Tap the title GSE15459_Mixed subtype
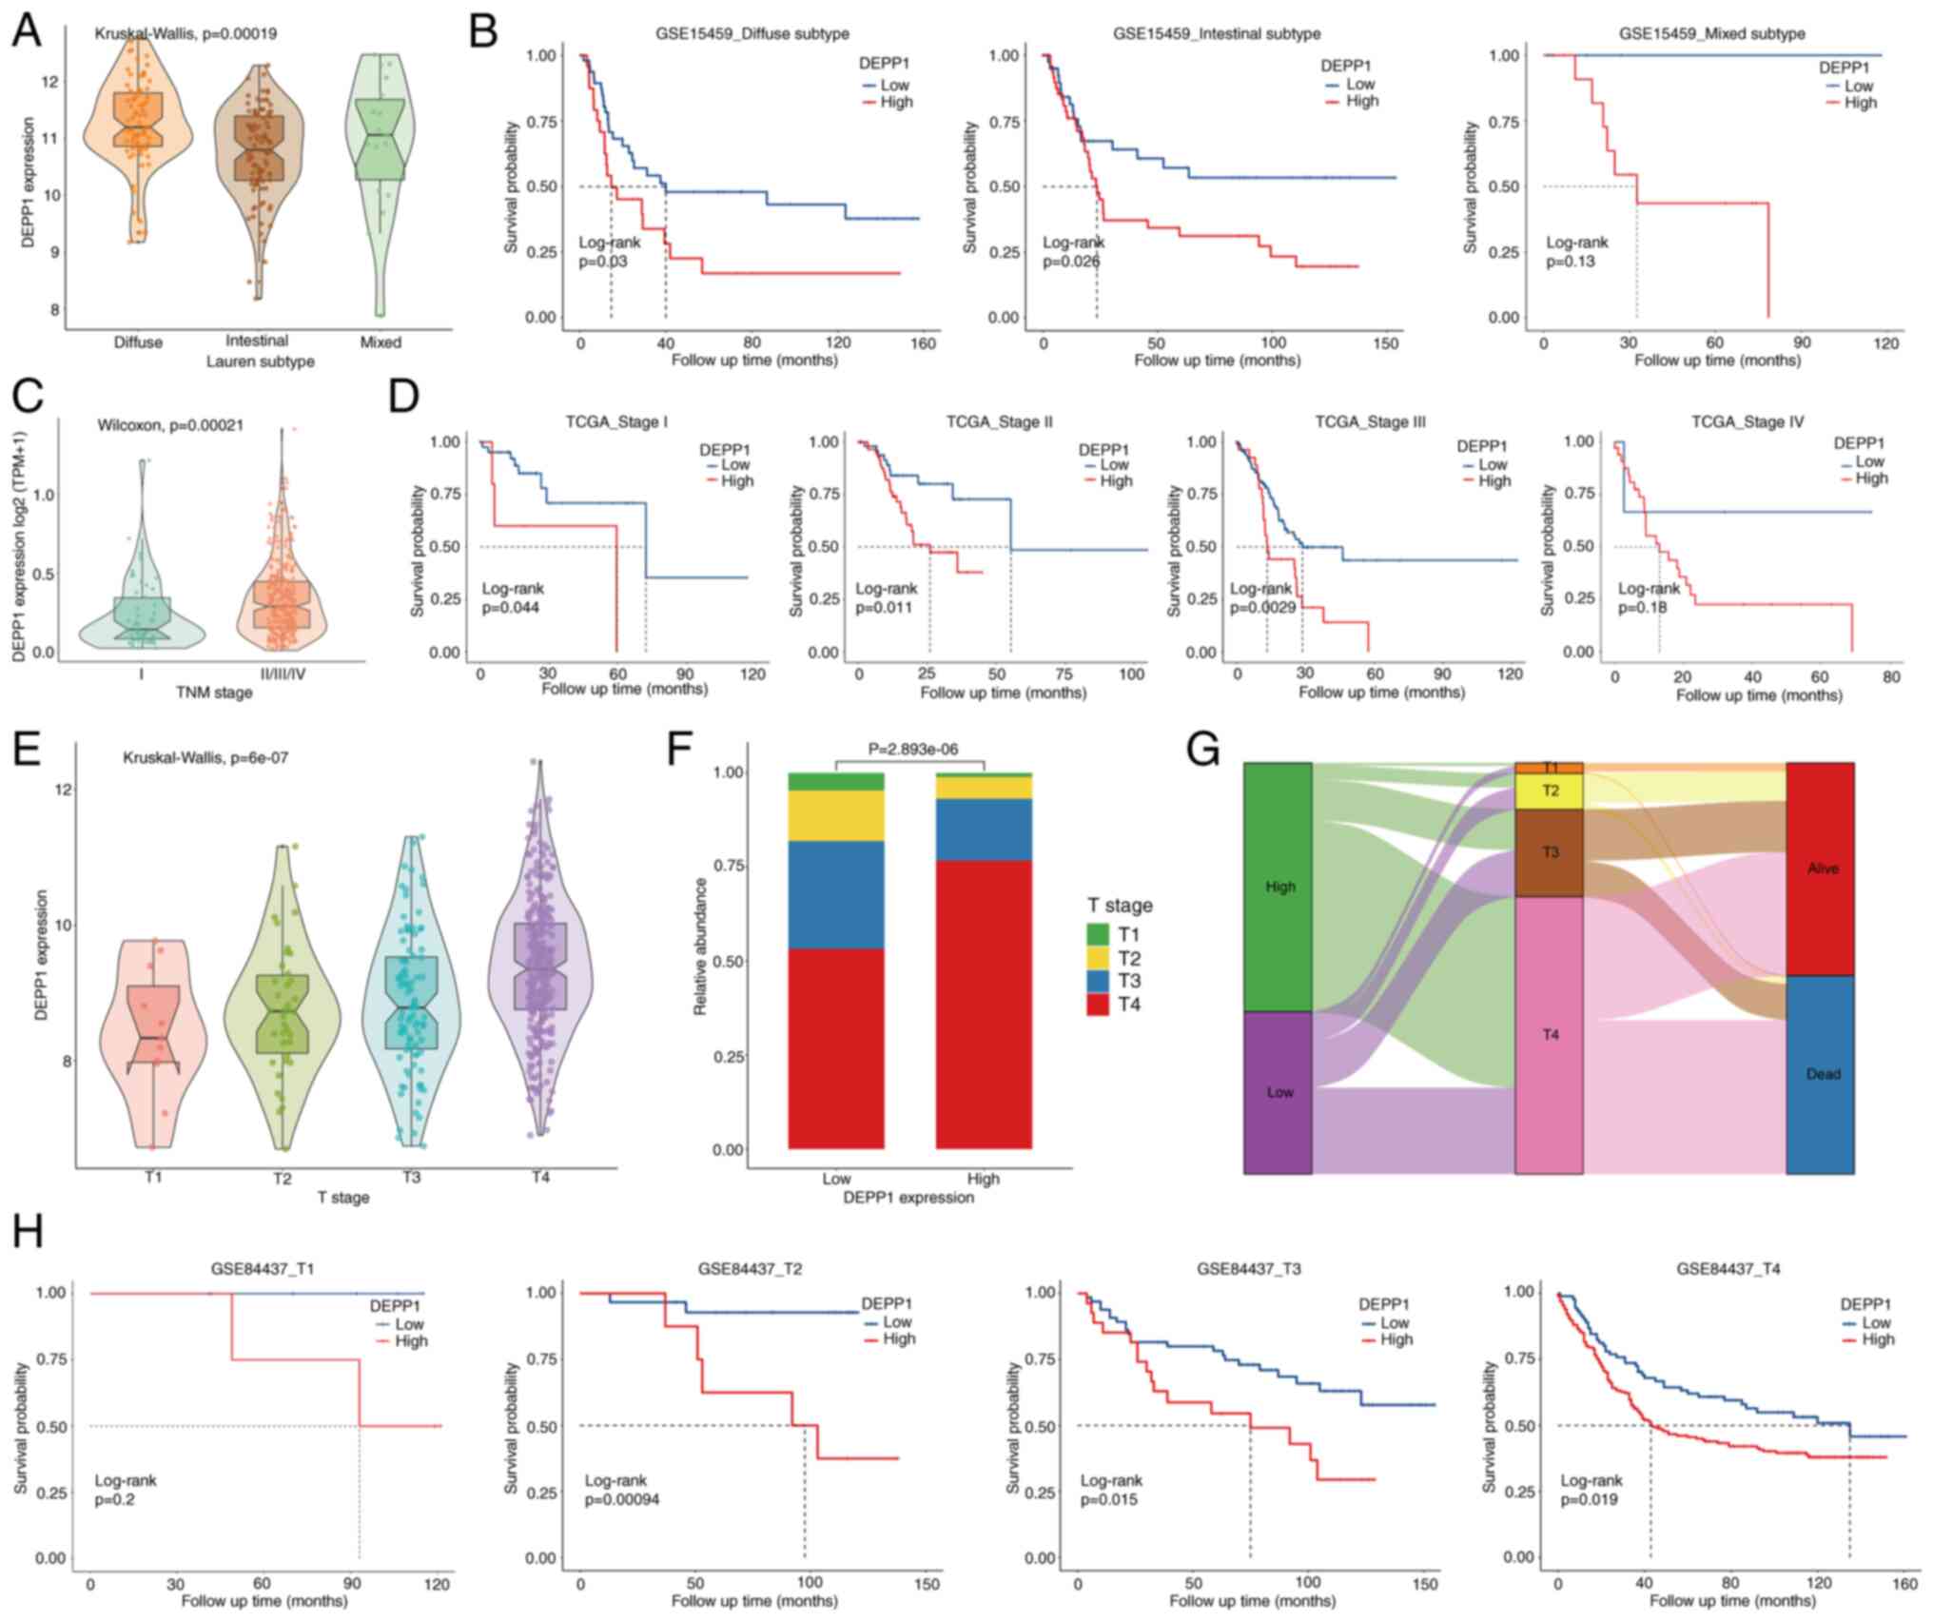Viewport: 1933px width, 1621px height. point(1711,33)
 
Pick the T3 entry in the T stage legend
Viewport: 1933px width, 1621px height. point(1129,981)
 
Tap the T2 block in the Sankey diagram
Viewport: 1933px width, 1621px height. point(1550,791)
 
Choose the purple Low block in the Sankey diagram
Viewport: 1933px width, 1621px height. point(1279,1092)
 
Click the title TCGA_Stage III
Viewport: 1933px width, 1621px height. point(1371,421)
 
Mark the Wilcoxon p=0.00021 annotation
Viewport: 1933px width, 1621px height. point(169,425)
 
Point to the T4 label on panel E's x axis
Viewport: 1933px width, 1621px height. point(540,1177)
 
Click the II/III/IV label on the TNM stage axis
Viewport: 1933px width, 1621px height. point(282,672)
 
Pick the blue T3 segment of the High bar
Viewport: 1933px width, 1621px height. point(984,830)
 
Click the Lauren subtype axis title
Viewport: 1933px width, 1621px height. point(260,361)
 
